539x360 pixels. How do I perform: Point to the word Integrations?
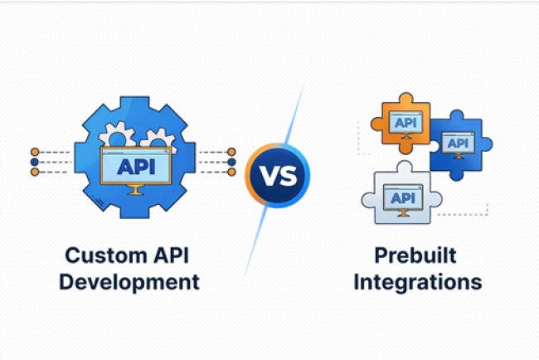(417, 281)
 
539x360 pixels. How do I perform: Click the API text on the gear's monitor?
(135, 166)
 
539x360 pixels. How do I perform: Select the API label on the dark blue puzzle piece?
(457, 142)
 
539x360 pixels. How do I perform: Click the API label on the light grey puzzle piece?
(402, 197)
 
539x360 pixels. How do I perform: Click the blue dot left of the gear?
(34, 162)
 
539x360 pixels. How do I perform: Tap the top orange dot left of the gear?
(34, 153)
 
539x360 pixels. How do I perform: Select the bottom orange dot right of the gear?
(231, 172)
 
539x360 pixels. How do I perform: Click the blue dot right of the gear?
(231, 162)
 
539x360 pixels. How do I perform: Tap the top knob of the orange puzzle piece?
(401, 99)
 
